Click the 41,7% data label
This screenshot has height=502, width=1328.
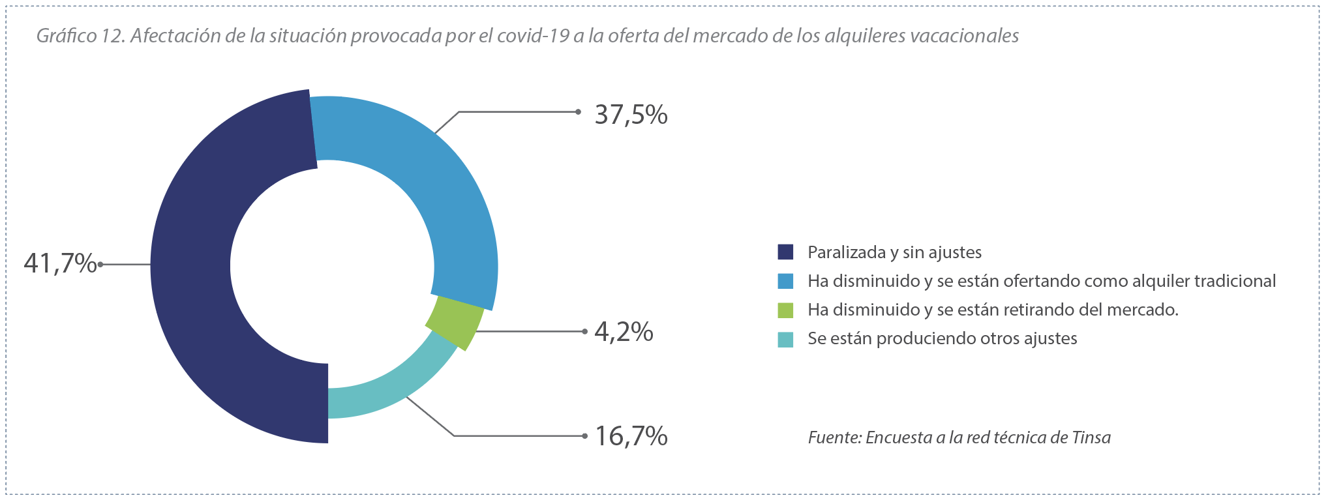click(60, 264)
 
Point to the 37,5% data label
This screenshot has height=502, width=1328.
click(631, 115)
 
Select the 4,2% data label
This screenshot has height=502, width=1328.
click(624, 332)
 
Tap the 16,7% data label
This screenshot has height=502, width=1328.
click(631, 436)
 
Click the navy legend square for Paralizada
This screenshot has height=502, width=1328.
click(785, 252)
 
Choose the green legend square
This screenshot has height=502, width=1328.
click(785, 310)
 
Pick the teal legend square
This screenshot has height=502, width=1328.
click(785, 339)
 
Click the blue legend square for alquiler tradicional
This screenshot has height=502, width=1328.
click(785, 281)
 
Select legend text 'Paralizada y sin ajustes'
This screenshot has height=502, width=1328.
click(894, 252)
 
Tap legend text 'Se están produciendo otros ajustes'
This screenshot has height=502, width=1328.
click(942, 338)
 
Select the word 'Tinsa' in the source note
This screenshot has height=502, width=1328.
click(1091, 437)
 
